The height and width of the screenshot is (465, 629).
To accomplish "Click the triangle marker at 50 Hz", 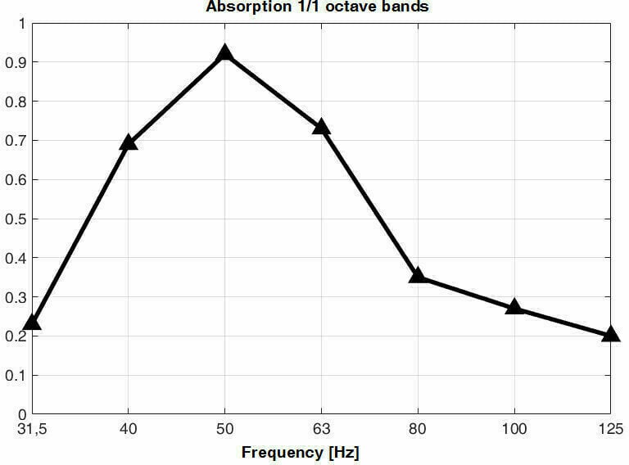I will coord(224,54).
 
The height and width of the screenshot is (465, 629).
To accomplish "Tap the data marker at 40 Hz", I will coord(128,143).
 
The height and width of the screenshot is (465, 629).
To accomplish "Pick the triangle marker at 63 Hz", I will coord(321,127).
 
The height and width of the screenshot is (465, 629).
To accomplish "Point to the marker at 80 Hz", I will coord(418,276).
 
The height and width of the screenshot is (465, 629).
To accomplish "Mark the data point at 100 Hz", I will coord(514,307).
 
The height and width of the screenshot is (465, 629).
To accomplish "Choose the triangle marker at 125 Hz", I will coord(610,335).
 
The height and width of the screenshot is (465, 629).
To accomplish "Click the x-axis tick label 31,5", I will coord(32,428).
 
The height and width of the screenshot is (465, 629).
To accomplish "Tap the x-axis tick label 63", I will coord(321,428).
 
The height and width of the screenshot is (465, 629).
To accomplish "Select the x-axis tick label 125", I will coord(610,428).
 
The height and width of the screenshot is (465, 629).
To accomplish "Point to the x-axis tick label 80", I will coord(418,428).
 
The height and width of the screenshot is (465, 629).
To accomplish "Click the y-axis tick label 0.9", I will coord(16,62).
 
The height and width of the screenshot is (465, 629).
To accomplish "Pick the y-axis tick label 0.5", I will coord(16,219).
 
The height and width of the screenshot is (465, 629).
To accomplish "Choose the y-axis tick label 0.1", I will coord(16,375).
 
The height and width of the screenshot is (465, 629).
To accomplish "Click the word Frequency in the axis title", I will coord(281,452).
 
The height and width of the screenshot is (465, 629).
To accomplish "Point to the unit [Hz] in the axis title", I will coord(342,452).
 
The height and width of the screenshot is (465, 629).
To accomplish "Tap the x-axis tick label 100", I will coord(514,428).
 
